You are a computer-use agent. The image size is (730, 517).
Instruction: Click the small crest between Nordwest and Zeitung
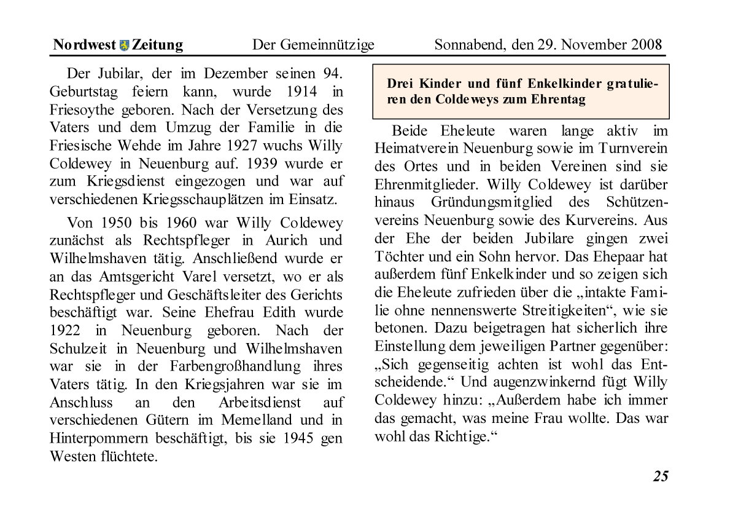(x=125, y=45)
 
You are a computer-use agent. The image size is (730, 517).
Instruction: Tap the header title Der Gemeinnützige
(x=313, y=45)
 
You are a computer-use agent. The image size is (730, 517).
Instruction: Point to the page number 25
(x=660, y=476)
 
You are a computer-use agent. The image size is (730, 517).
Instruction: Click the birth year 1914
(x=301, y=92)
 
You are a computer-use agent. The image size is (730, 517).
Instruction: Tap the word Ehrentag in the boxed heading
(x=559, y=100)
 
